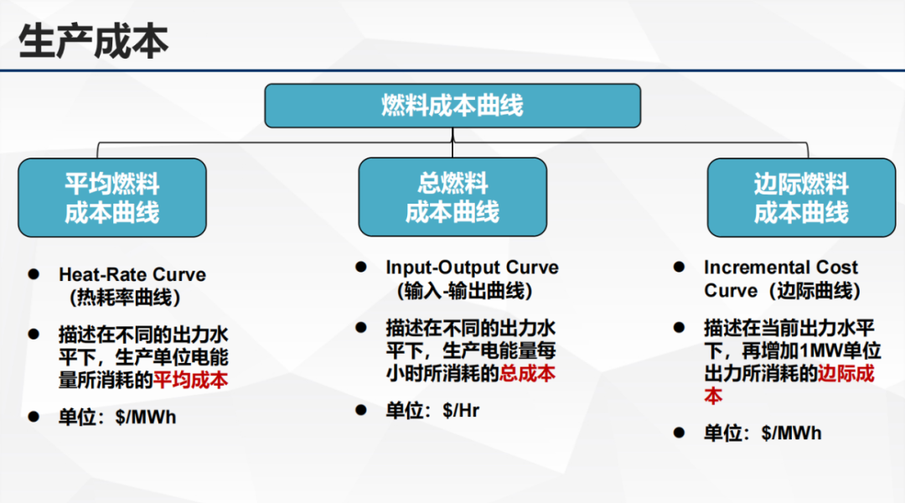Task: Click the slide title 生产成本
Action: [x=94, y=42]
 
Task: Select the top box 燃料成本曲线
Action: [x=452, y=106]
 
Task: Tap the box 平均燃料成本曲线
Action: [x=112, y=198]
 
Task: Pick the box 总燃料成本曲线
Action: [x=452, y=197]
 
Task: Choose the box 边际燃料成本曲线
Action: [x=801, y=198]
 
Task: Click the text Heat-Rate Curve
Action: [x=132, y=274]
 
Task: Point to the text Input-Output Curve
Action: [x=472, y=267]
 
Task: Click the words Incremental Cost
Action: [x=780, y=267]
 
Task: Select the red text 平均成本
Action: [x=190, y=380]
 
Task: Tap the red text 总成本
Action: [x=527, y=373]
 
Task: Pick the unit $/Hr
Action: [x=461, y=411]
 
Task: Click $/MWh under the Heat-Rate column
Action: [x=146, y=417]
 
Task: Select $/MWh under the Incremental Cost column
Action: [x=791, y=433]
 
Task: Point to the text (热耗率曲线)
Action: [x=125, y=298]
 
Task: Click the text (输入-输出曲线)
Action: [x=464, y=290]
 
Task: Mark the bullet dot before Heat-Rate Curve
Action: [x=34, y=274]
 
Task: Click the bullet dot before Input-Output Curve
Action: [x=361, y=267]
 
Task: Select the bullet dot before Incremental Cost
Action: [x=680, y=267]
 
